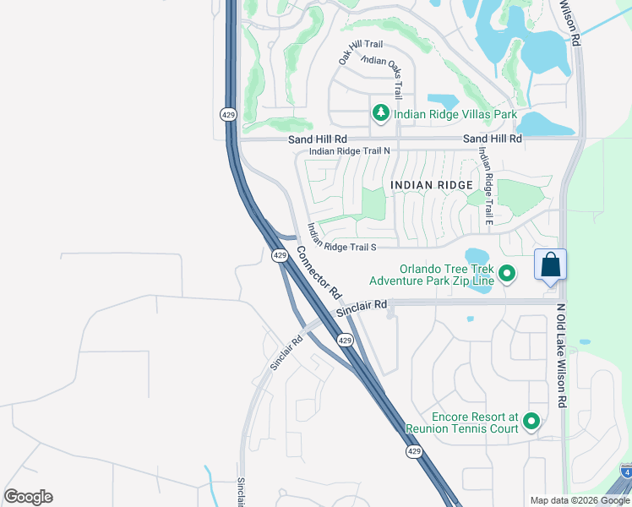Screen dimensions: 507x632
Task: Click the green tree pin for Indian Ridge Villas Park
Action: coord(381,112)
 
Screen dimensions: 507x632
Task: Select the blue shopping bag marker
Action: coord(550,264)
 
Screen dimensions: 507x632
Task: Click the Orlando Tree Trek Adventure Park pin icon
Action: coord(507,273)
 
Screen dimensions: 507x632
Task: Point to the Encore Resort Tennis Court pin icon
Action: coord(531,421)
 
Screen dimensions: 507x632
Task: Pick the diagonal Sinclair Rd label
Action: coord(286,353)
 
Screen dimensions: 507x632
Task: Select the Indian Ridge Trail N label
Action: coord(349,151)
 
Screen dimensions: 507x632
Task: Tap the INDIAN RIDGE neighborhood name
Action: coord(431,184)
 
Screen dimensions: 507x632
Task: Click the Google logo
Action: coord(28,497)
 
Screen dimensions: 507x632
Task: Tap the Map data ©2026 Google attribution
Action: coord(579,500)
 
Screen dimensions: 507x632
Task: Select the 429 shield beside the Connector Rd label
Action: coord(278,254)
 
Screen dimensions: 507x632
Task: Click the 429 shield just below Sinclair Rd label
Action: coord(344,339)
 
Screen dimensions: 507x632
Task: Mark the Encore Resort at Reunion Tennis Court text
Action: coord(461,422)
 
